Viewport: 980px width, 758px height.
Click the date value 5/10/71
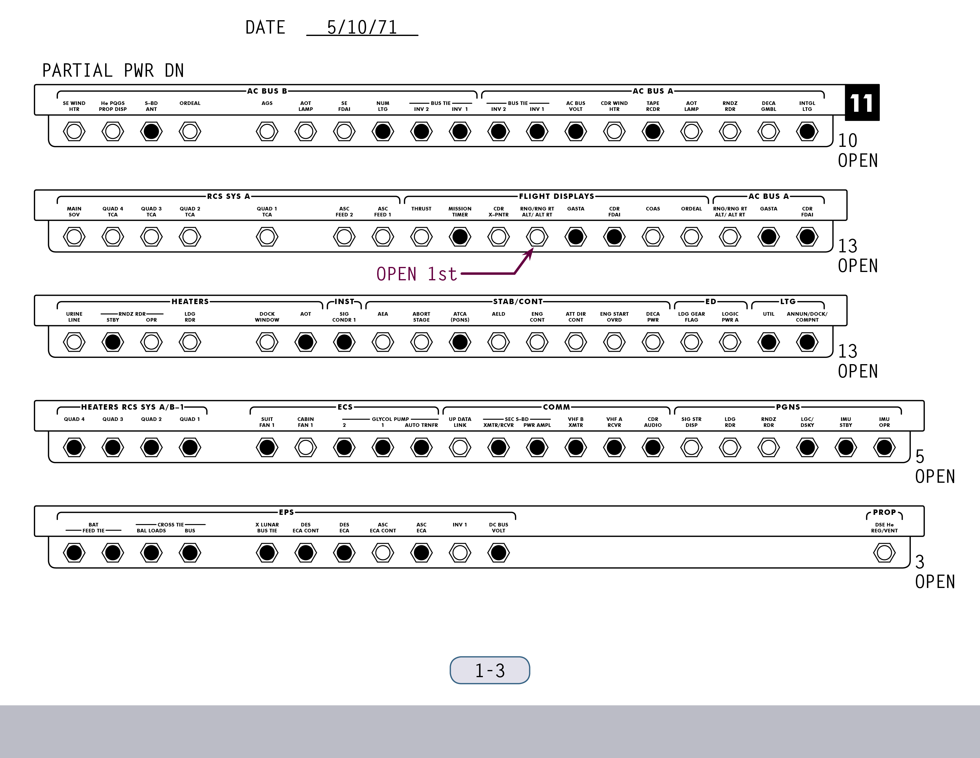[362, 27]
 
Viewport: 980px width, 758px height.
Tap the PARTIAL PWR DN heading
[113, 70]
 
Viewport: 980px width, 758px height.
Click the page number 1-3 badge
[490, 670]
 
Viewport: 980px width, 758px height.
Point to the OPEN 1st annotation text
[416, 274]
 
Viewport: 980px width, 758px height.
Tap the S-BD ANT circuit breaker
[151, 132]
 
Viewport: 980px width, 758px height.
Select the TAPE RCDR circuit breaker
[653, 132]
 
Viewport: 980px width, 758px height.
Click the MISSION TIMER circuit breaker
[460, 237]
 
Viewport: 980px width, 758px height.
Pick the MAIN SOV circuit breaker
[74, 237]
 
